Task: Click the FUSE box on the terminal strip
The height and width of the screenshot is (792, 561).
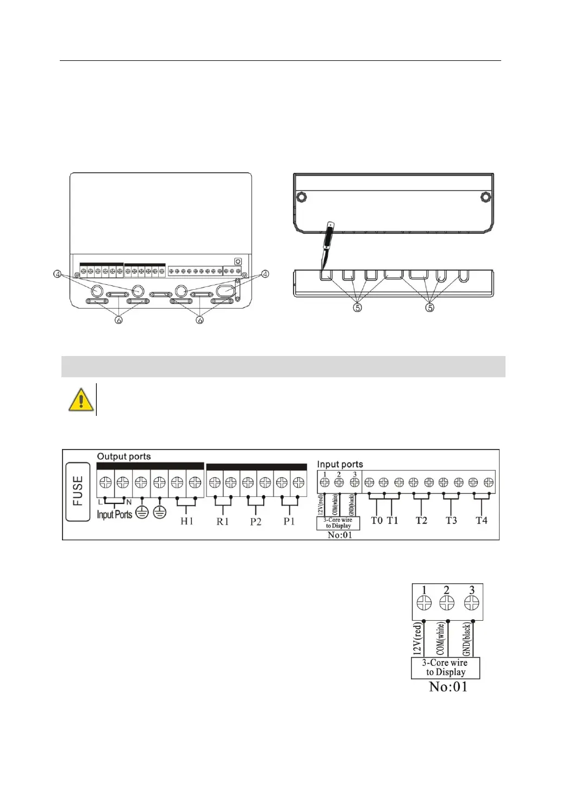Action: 78,491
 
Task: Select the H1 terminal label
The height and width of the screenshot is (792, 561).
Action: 186,521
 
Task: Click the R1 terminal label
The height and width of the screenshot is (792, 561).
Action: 223,521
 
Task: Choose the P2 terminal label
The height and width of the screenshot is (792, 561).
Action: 256,521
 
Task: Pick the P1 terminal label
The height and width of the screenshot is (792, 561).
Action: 289,521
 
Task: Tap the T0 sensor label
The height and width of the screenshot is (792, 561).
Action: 377,520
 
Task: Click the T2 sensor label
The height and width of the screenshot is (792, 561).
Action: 421,520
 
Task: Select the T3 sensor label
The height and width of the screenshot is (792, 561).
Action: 451,520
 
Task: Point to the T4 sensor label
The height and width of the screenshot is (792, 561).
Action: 481,520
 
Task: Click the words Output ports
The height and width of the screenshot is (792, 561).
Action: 123,457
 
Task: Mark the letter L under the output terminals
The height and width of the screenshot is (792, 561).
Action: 101,502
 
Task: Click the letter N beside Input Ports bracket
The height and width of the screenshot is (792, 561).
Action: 129,502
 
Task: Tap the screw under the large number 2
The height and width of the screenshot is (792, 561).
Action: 447,603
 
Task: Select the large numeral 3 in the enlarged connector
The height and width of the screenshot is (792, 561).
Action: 471,590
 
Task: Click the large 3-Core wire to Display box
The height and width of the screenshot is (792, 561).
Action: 445,668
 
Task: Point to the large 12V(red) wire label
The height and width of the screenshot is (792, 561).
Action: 417,639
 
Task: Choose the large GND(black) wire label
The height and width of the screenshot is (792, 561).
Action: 467,639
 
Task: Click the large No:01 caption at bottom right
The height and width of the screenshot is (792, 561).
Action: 448,687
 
